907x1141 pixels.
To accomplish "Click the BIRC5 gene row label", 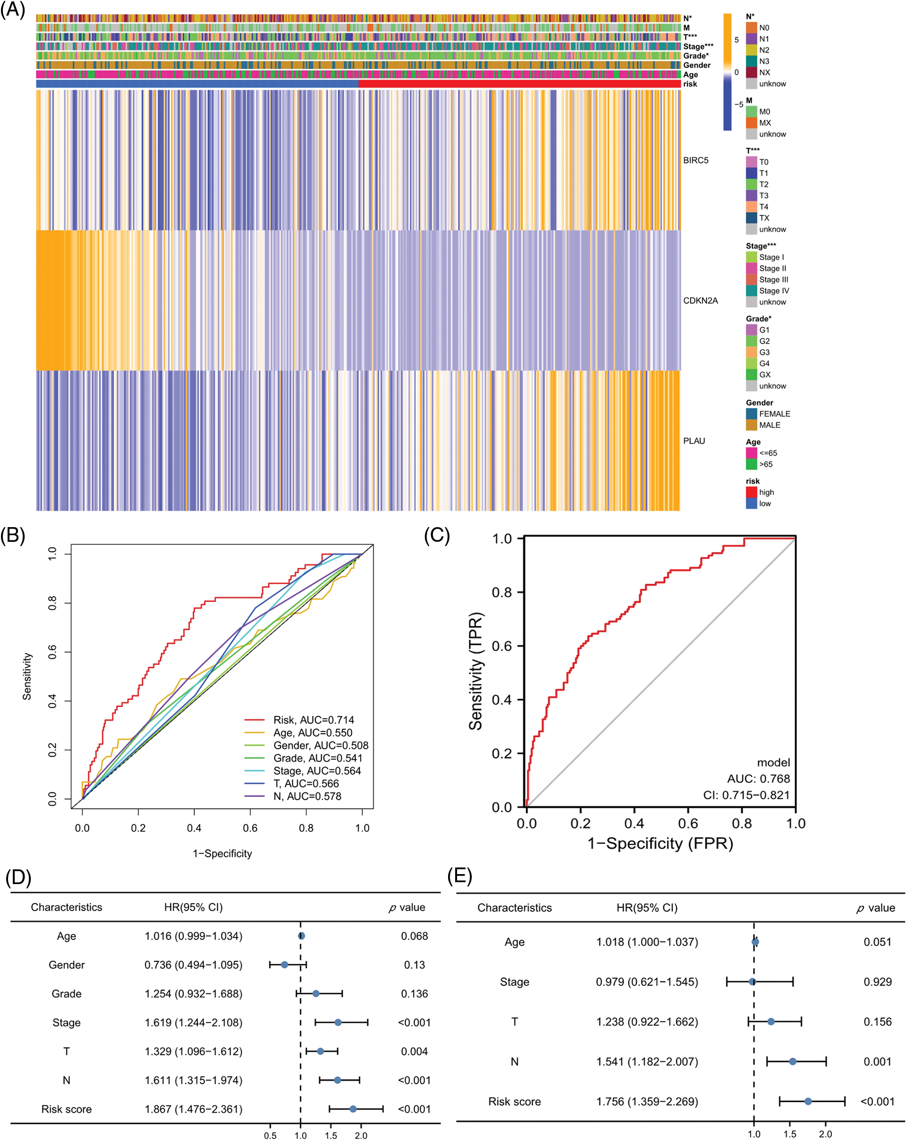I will (696, 160).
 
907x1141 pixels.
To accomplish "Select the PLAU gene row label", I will (694, 441).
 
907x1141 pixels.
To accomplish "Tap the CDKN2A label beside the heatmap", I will (700, 301).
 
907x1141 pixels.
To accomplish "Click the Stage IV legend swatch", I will (751, 291).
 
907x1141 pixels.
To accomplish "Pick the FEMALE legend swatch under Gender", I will (751, 414).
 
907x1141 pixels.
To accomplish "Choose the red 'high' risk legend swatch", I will (751, 492).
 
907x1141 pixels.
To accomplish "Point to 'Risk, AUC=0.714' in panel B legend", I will (313, 720).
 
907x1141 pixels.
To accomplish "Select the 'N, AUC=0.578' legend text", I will (307, 796).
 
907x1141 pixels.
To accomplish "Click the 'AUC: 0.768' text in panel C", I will (758, 778).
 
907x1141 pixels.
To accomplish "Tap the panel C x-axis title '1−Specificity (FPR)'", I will (660, 843).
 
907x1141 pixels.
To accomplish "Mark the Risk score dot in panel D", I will (353, 1109).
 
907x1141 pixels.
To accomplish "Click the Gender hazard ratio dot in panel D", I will (284, 965).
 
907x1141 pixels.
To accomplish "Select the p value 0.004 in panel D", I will (414, 1051).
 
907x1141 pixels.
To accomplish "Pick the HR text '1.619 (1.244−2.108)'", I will (193, 1022).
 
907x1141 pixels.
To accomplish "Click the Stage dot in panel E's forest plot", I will (752, 982).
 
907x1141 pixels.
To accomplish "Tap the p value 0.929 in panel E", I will (877, 982).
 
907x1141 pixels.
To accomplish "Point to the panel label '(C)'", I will (437, 536).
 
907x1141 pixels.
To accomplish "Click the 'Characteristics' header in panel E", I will (514, 908).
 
